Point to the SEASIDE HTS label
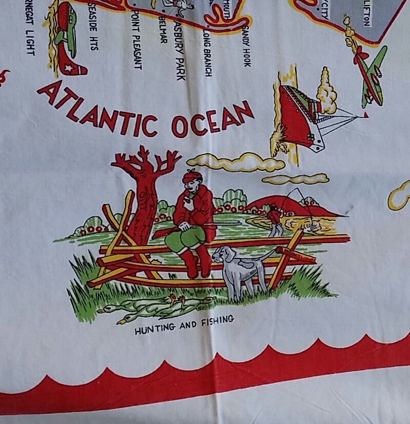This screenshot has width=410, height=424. click(93, 26)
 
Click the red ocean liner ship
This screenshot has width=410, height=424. click(298, 115)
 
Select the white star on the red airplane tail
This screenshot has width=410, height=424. click(68, 67)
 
